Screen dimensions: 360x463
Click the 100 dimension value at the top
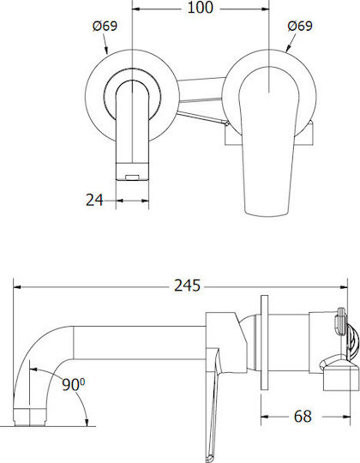pos(200,8)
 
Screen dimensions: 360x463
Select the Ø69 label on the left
pos(105,26)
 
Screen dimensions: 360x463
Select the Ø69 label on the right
pos(300,26)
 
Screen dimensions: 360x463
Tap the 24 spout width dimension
pos(94,200)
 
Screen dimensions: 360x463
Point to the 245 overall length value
pos(187,286)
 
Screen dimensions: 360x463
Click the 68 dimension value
pos(303,417)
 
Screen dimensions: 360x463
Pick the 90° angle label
pos(73,384)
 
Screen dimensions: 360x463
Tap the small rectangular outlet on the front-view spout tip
pos(132,177)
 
